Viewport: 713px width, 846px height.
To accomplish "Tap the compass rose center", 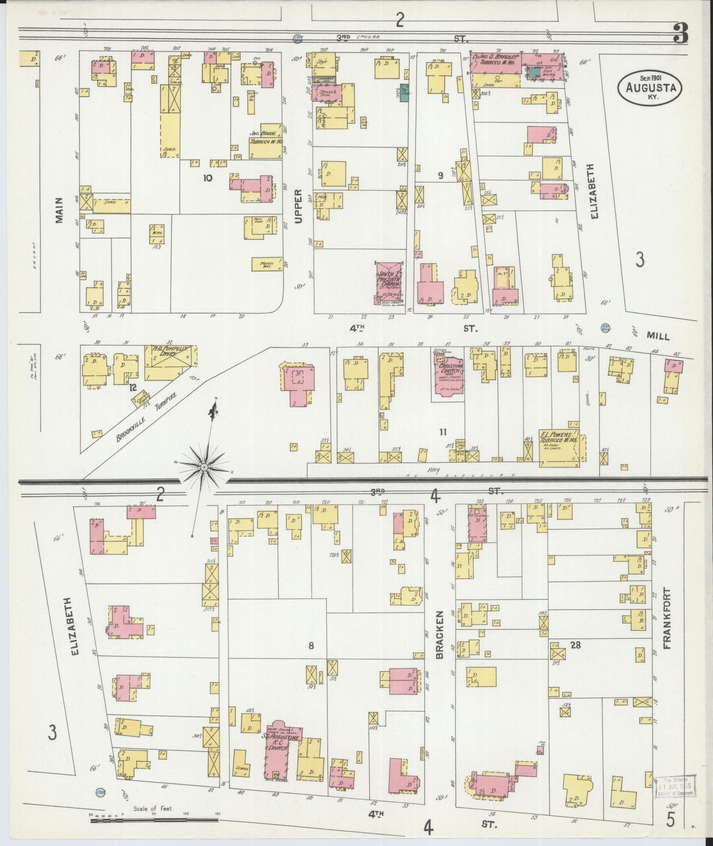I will point(204,466).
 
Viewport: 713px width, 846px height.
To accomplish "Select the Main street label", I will point(60,211).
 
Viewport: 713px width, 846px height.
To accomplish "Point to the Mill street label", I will point(658,336).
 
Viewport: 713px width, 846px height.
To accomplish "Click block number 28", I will point(575,644).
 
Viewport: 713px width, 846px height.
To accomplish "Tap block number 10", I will point(207,178).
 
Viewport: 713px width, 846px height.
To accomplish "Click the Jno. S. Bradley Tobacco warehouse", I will point(495,63).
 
